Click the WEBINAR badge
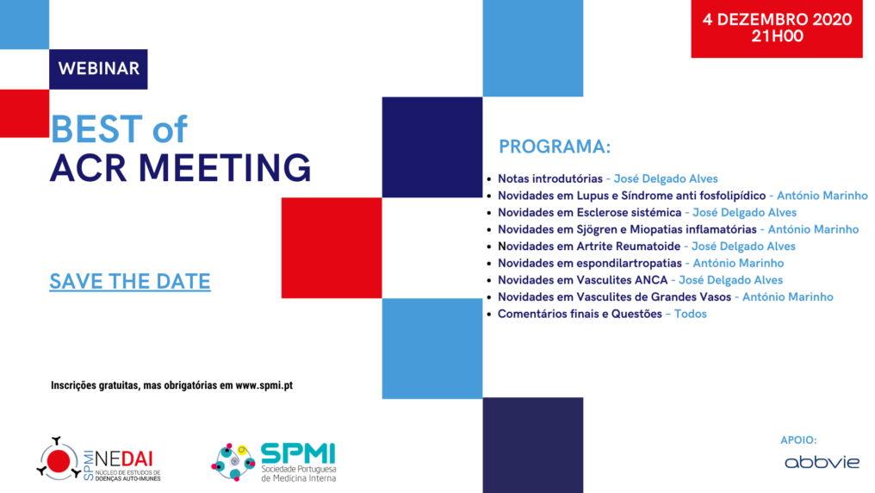point(98,69)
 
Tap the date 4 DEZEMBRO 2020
point(777,19)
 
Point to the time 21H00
point(777,36)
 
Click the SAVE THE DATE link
point(130,281)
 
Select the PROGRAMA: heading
point(555,147)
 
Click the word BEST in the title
point(96,129)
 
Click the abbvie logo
point(822,463)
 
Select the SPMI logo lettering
point(298,453)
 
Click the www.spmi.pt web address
point(264,385)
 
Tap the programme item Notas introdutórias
point(550,179)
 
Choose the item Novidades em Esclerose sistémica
point(590,212)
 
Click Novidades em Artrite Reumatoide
point(588,246)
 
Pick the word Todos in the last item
point(690,314)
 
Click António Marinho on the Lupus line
point(822,196)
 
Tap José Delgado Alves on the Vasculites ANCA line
point(730,280)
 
